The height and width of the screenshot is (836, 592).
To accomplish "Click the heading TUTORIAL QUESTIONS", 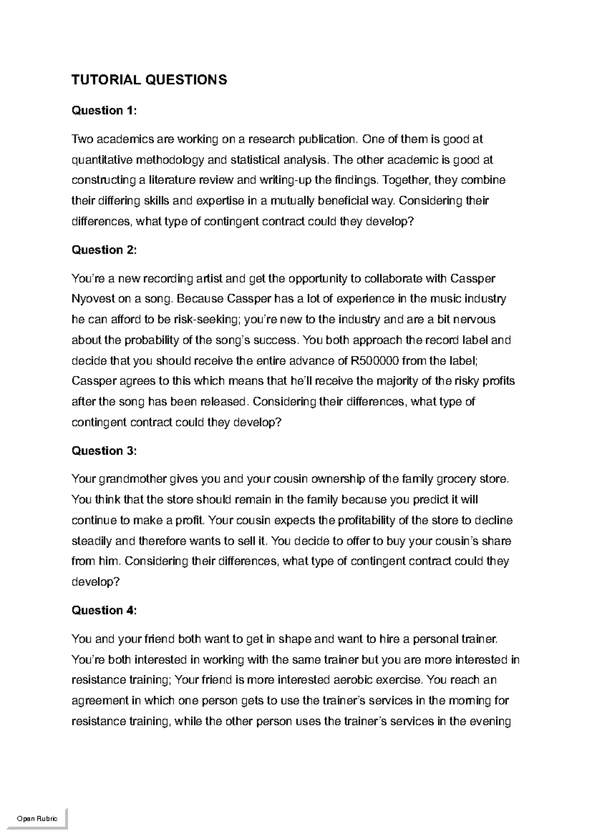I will [x=149, y=80].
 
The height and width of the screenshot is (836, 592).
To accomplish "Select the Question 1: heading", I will [x=104, y=110].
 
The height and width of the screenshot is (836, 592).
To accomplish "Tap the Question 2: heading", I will [x=104, y=250].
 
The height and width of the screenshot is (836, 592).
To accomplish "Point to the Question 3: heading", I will [x=104, y=451].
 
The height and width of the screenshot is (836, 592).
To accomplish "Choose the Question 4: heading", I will [x=104, y=610].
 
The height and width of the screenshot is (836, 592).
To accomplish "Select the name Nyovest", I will [x=93, y=299].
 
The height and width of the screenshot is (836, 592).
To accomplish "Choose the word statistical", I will [x=252, y=160].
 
